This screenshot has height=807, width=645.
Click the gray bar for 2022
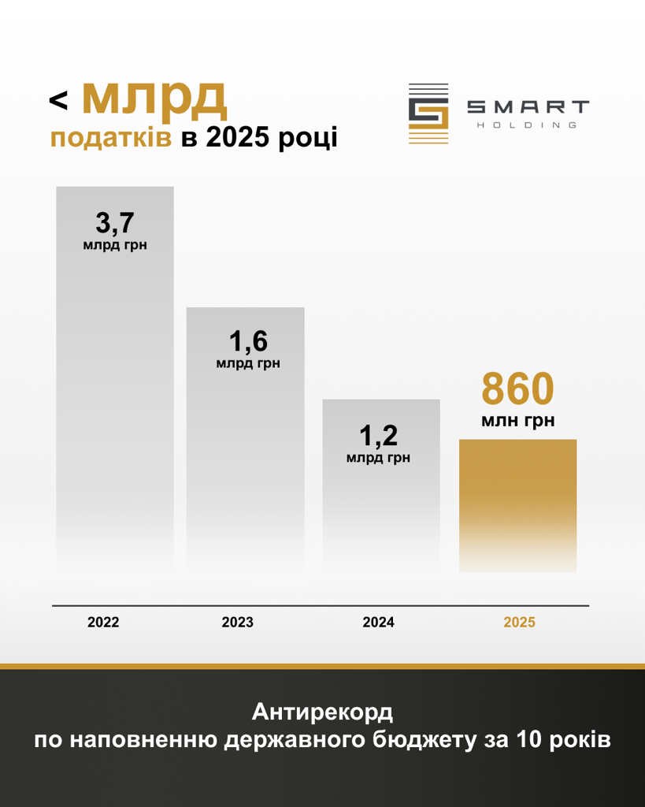click(114, 394)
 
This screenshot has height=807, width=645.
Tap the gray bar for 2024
click(381, 504)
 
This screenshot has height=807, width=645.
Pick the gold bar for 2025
click(517, 504)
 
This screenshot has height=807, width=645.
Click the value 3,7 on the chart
click(115, 223)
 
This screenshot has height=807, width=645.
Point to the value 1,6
click(248, 341)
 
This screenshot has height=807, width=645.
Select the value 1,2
click(379, 434)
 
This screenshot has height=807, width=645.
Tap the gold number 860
click(517, 389)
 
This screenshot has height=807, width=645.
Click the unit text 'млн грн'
click(517, 422)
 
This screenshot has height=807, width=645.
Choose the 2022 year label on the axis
click(103, 623)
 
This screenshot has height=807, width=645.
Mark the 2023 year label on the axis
click(237, 623)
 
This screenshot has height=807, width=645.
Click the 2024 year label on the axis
click(378, 623)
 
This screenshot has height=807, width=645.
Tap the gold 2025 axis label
click(519, 623)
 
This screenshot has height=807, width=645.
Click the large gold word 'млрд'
click(154, 97)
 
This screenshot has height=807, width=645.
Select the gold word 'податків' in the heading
click(111, 138)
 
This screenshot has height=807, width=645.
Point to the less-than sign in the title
click(59, 100)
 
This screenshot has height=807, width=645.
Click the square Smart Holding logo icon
click(428, 113)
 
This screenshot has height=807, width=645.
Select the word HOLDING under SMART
click(528, 125)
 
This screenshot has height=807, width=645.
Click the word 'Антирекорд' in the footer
click(322, 712)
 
